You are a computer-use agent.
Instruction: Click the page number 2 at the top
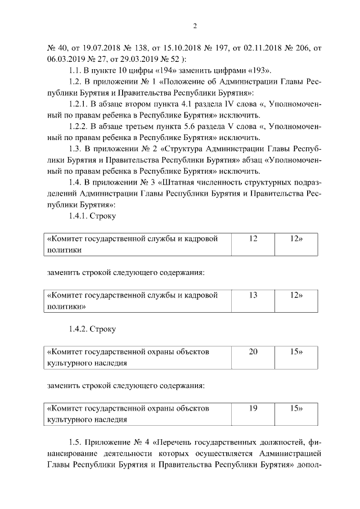tap(195, 26)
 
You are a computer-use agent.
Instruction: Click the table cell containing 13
tap(253, 295)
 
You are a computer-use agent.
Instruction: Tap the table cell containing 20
tap(253, 352)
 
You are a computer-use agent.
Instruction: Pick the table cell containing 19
tap(253, 408)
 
